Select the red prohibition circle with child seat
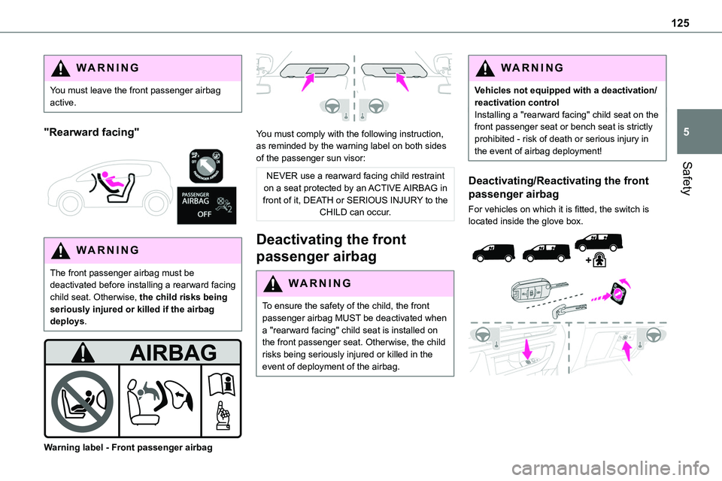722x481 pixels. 83,401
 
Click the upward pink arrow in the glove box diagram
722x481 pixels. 626,350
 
